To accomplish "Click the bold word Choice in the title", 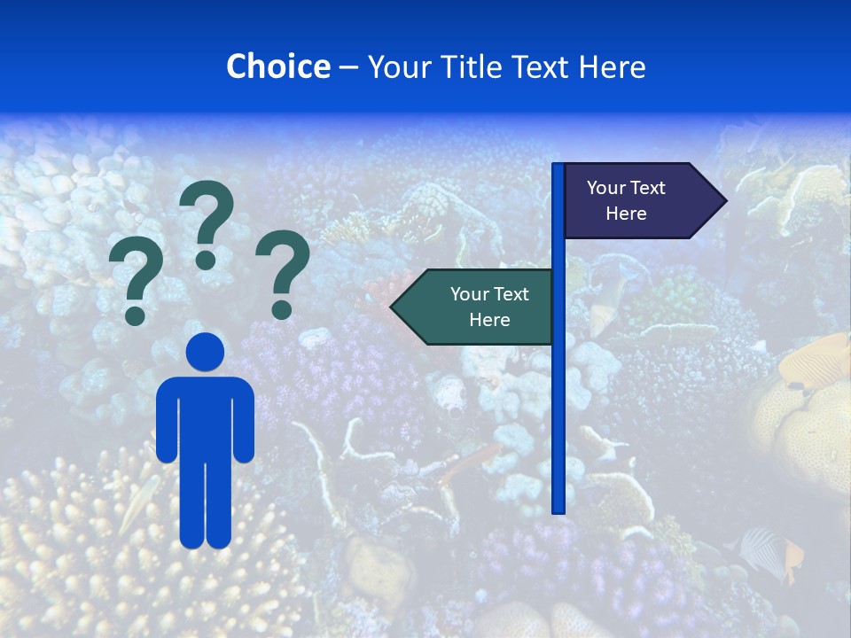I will [x=277, y=66].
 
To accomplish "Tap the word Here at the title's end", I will [x=612, y=66].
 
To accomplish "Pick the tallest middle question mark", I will [x=207, y=222].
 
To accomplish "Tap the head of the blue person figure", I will [x=205, y=352].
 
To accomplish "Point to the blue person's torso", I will [x=205, y=416].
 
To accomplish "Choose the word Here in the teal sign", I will [x=489, y=320].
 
